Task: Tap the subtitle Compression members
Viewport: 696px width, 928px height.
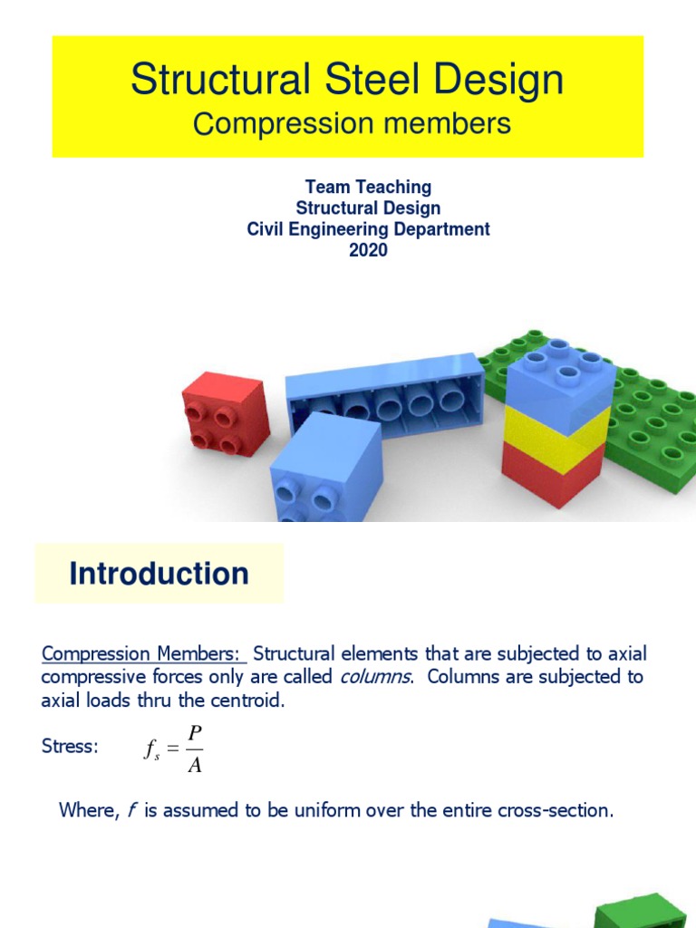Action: point(352,123)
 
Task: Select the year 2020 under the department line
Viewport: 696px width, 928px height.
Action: point(368,250)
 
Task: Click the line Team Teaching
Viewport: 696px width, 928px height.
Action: point(368,187)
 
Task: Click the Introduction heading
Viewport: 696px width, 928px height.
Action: point(159,574)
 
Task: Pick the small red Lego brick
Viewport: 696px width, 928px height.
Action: point(225,413)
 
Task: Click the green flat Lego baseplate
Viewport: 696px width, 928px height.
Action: point(648,426)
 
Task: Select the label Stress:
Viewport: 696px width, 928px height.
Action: point(70,747)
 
